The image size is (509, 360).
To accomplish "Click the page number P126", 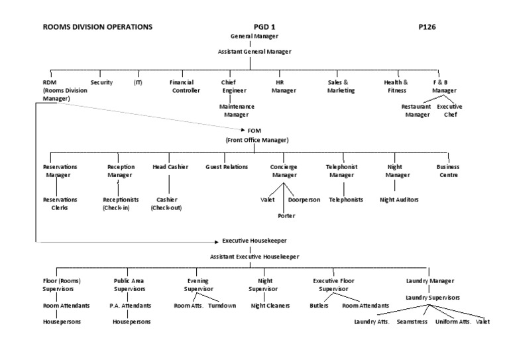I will pyautogui.click(x=427, y=27).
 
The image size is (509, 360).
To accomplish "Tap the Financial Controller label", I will pyautogui.click(x=186, y=86).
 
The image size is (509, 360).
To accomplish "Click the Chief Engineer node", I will pyautogui.click(x=234, y=86).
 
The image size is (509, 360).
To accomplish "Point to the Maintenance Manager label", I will pyautogui.click(x=237, y=110).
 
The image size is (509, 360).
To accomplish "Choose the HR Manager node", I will pyautogui.click(x=284, y=86).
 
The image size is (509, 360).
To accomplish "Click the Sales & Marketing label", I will pyautogui.click(x=341, y=86).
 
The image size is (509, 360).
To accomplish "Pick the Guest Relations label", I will pyautogui.click(x=227, y=167).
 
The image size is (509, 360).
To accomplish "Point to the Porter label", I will pyautogui.click(x=287, y=215).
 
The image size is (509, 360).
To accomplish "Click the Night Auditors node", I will pyautogui.click(x=398, y=199).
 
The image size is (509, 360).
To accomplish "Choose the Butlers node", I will pyautogui.click(x=319, y=306).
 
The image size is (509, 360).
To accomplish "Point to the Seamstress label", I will pyautogui.click(x=410, y=322).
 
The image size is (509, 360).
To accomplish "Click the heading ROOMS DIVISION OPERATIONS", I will pyautogui.click(x=97, y=27).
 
